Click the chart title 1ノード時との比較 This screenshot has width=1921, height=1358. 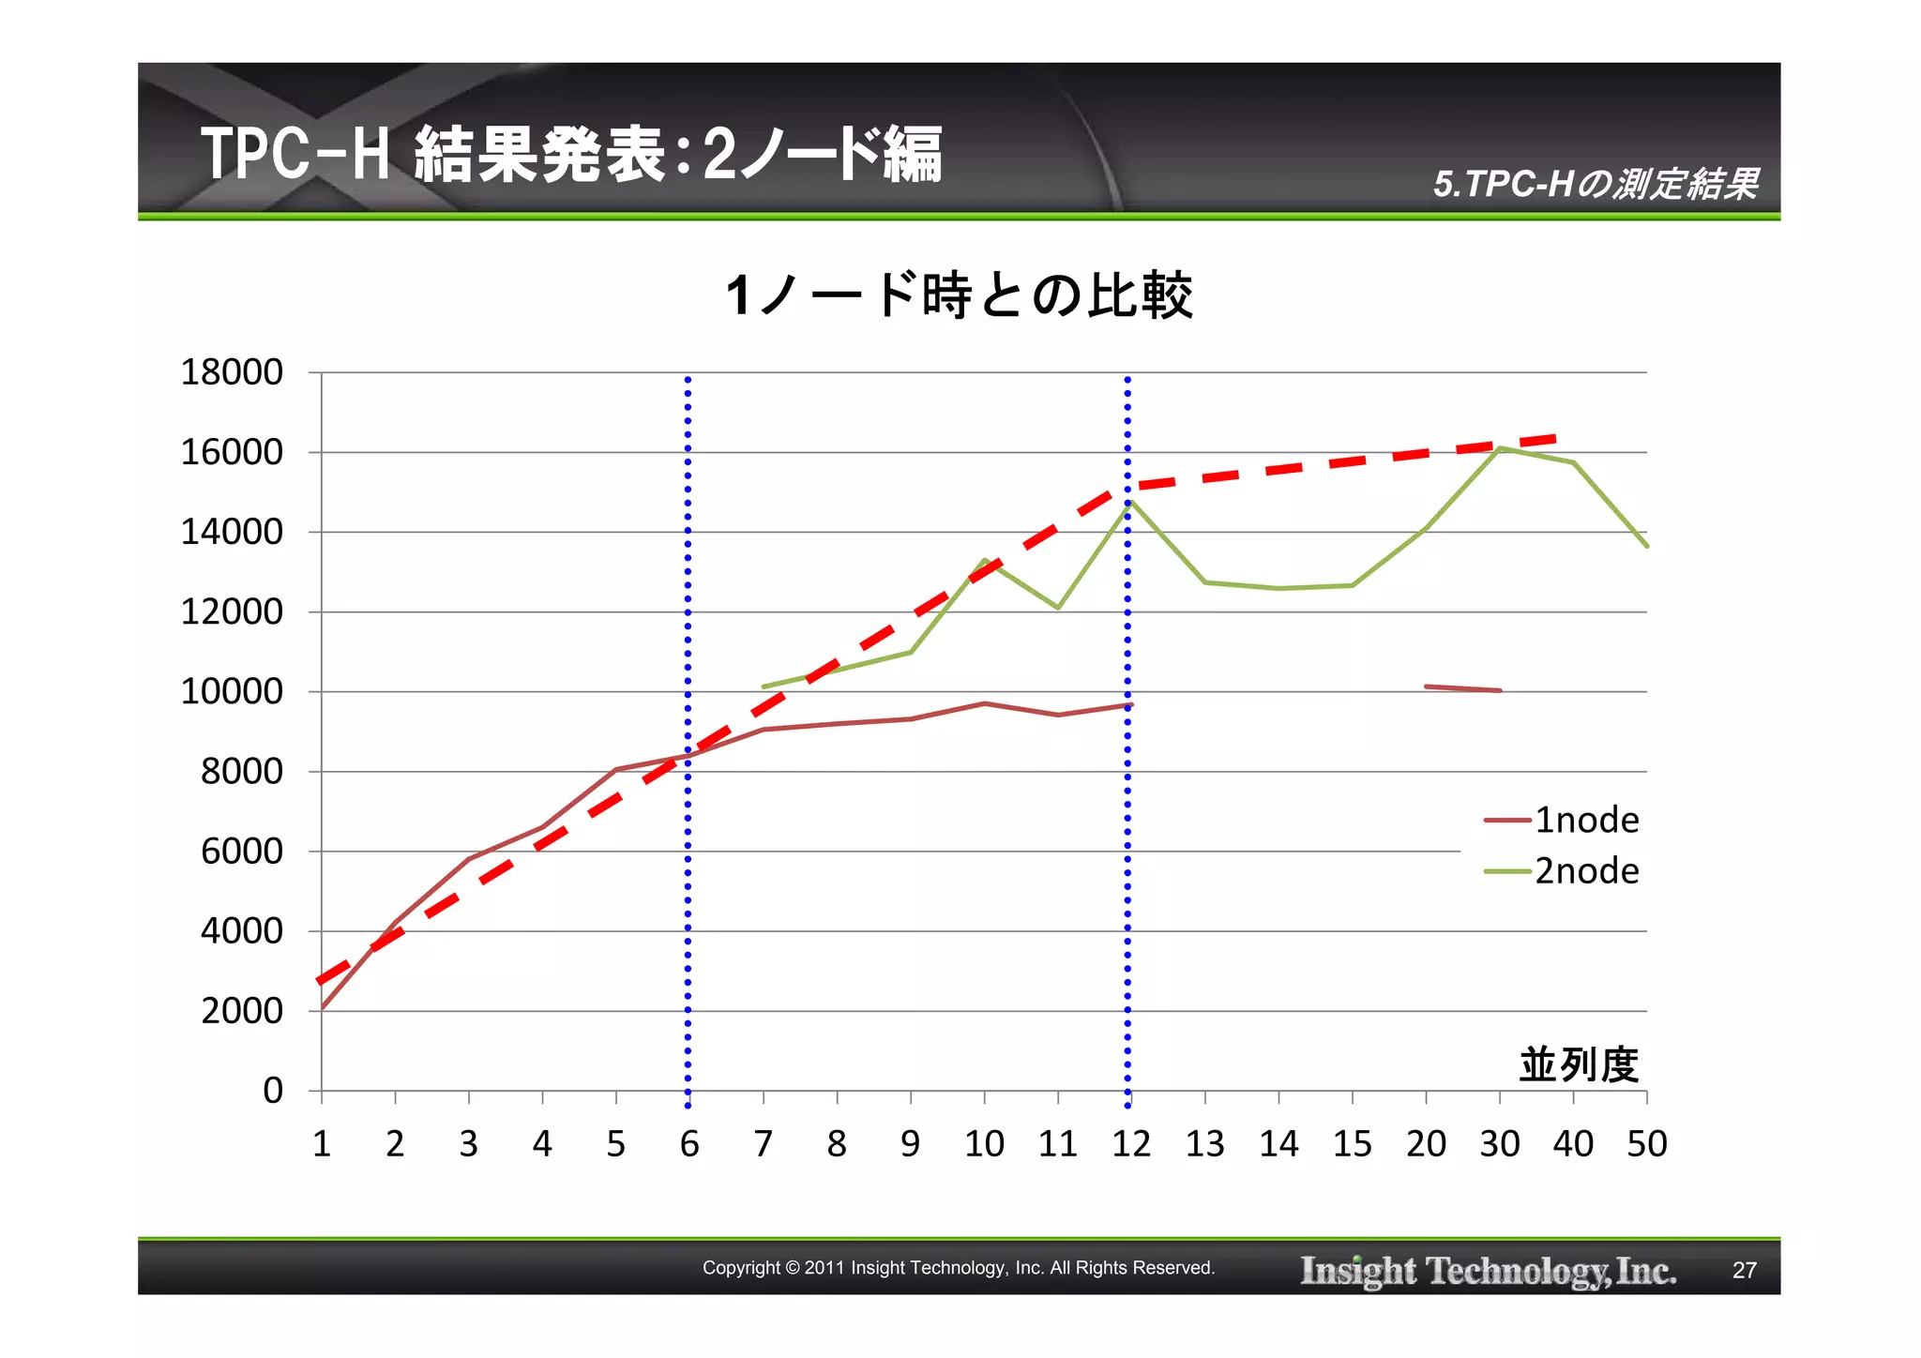(x=959, y=296)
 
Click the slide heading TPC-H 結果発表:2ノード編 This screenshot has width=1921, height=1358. (x=571, y=155)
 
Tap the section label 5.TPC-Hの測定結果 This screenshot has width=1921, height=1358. (x=1595, y=184)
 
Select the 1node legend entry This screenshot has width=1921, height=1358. (x=1562, y=821)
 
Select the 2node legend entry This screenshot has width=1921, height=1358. (x=1562, y=871)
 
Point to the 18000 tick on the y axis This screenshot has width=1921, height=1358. (x=232, y=372)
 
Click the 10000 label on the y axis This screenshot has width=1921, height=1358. (x=232, y=692)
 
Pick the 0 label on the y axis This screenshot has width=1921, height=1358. (x=272, y=1091)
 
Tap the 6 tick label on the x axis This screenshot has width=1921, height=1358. (x=689, y=1144)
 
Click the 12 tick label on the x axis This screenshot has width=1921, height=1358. (x=1131, y=1144)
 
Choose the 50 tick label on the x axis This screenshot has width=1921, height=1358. (x=1647, y=1144)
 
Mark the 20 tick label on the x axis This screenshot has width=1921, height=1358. (x=1426, y=1144)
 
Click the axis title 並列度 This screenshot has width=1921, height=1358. (x=1579, y=1065)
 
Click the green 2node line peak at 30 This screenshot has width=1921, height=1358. (x=1500, y=448)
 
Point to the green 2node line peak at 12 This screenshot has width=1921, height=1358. (x=1130, y=502)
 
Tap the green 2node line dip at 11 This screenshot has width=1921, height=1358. (x=1058, y=608)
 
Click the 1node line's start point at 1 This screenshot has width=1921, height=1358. (x=323, y=1008)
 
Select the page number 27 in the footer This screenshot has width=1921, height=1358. (x=1744, y=1270)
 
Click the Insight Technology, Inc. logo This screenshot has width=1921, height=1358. (x=1488, y=1271)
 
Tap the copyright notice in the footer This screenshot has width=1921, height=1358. (x=959, y=1268)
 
